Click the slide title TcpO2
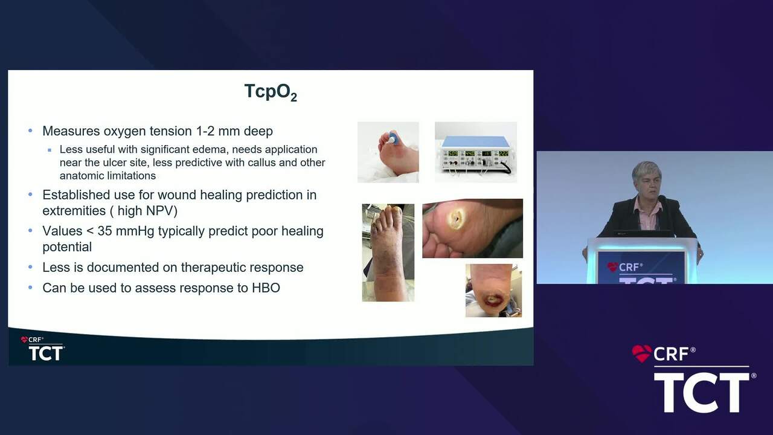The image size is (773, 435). tap(271, 92)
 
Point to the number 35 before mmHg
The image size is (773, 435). tap(105, 231)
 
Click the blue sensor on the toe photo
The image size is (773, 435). tap(393, 138)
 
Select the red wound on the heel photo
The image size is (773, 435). tap(493, 300)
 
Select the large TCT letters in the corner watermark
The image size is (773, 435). tap(702, 393)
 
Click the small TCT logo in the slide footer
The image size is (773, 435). tap(45, 353)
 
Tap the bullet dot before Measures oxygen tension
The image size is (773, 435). tap(30, 131)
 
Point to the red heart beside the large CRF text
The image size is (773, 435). tap(641, 353)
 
